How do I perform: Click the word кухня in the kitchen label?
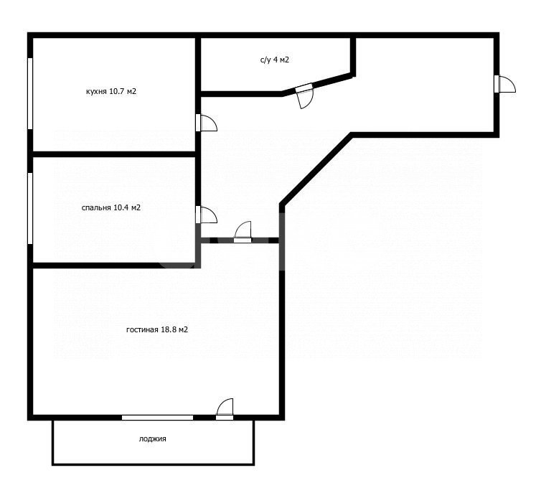[97, 92]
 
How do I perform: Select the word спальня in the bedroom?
[96, 208]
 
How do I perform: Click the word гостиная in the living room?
[142, 330]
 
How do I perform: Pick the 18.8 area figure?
[168, 329]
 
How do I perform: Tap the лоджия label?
[152, 438]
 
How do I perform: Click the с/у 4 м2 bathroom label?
[275, 60]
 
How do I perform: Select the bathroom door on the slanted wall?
[305, 95]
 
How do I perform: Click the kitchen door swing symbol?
[207, 123]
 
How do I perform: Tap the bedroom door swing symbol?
[207, 215]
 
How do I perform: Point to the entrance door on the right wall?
[505, 84]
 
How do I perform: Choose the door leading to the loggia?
[225, 409]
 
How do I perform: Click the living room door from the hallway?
[243, 233]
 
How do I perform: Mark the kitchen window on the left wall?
[30, 93]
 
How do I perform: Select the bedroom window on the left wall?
[30, 208]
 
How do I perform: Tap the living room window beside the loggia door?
[158, 418]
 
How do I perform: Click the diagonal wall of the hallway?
[316, 169]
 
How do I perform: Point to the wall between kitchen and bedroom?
[114, 154]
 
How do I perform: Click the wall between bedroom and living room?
[114, 266]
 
